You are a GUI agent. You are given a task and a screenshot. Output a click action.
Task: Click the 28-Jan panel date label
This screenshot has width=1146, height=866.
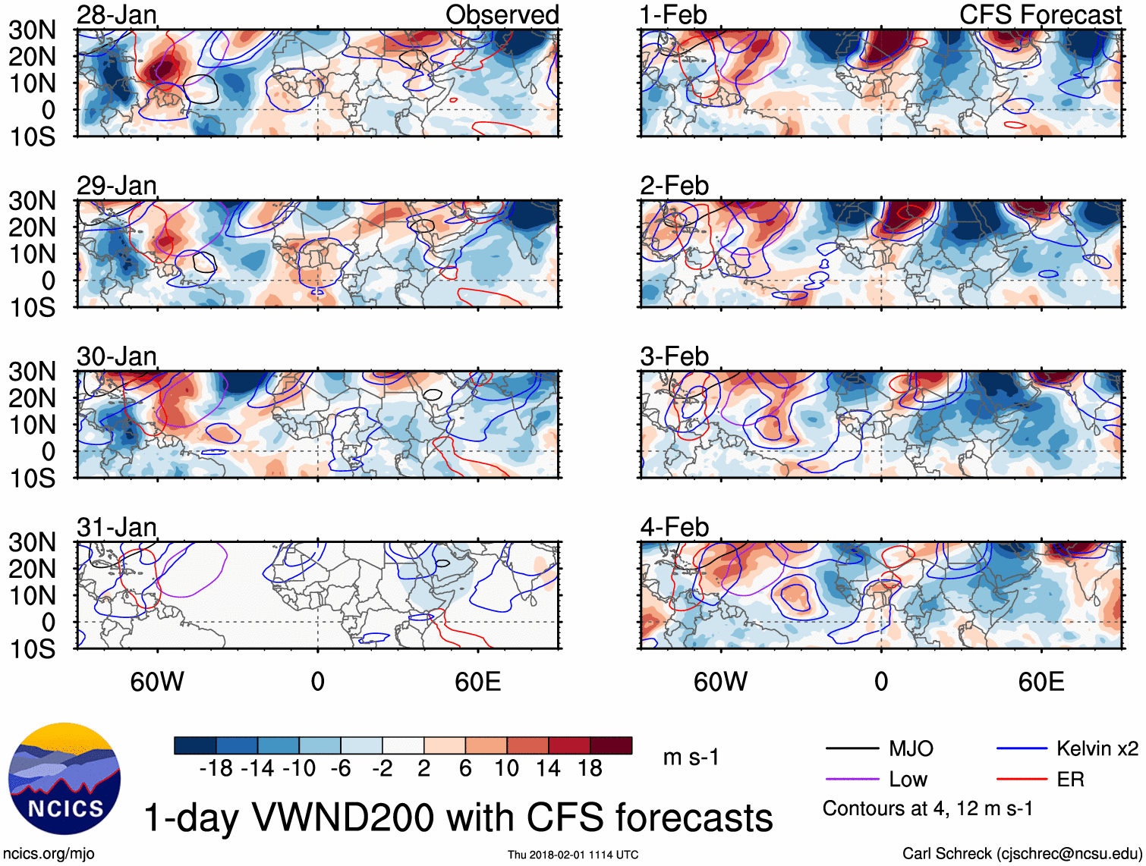pos(116,14)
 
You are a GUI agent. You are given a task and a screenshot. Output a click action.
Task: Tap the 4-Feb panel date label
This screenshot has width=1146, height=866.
pos(674,527)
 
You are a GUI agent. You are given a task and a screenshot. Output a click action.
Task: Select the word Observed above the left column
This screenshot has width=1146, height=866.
pos(502,14)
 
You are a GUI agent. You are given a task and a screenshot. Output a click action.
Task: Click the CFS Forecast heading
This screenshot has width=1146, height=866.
pos(1040,14)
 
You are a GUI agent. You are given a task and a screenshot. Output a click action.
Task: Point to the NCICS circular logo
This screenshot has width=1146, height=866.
pos(65,779)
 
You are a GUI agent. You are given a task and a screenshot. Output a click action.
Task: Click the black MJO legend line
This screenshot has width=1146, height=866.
pos(852,749)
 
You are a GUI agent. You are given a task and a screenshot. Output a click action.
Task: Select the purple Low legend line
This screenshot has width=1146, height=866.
pos(852,780)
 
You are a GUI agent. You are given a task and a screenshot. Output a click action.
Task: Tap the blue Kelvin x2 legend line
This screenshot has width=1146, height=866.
pos(1022,749)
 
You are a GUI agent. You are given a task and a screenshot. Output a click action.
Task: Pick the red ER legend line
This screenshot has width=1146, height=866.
pos(1022,780)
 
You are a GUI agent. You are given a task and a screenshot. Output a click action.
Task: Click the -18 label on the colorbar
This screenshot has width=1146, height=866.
pos(216,769)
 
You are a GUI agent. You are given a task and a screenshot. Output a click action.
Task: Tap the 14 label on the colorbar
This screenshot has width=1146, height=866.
pos(548,769)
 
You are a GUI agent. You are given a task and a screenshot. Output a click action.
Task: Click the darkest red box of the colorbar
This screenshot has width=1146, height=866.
pos(611,745)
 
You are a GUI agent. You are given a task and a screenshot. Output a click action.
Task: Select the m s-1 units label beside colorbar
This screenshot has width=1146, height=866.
pos(691,757)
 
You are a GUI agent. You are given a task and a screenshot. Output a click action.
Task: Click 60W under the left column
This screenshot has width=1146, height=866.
pos(157,682)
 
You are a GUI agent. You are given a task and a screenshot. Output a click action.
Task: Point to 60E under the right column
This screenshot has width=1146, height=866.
pos(1041,682)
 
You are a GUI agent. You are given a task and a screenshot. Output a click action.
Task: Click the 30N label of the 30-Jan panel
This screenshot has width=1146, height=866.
pos(32,372)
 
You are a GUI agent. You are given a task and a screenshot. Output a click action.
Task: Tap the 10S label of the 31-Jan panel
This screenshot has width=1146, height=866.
pos(32,649)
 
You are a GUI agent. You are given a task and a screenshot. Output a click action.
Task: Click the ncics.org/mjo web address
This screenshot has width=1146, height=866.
pos(49,854)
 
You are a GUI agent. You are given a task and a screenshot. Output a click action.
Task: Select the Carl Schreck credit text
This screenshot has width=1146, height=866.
pos(1022,854)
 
